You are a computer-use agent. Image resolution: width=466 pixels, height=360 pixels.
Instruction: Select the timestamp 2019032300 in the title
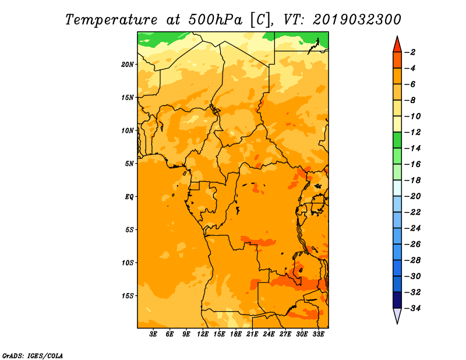[x=357, y=20]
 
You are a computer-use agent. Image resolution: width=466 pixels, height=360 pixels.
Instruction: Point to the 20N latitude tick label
[x=128, y=64]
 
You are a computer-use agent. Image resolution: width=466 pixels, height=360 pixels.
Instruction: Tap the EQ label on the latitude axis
[x=129, y=197]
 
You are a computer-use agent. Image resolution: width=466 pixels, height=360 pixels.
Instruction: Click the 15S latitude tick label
[x=128, y=296]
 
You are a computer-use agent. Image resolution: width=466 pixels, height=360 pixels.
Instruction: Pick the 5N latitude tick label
[x=129, y=164]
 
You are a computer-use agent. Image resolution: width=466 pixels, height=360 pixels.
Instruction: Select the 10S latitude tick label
[x=128, y=263]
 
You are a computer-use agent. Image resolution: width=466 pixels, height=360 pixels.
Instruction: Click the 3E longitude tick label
[x=154, y=335]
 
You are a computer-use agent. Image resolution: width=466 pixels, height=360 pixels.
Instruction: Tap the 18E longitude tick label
[x=236, y=335]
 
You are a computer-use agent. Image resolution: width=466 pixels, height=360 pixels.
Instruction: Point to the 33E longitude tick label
[x=319, y=335]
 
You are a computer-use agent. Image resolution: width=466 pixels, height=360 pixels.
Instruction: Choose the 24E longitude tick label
[x=269, y=335]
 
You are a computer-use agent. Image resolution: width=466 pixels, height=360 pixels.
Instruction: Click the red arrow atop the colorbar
[x=397, y=44]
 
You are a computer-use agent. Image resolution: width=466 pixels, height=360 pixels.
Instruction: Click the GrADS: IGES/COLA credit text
[x=33, y=355]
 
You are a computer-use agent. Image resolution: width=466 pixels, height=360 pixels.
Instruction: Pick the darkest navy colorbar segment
[x=397, y=299]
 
